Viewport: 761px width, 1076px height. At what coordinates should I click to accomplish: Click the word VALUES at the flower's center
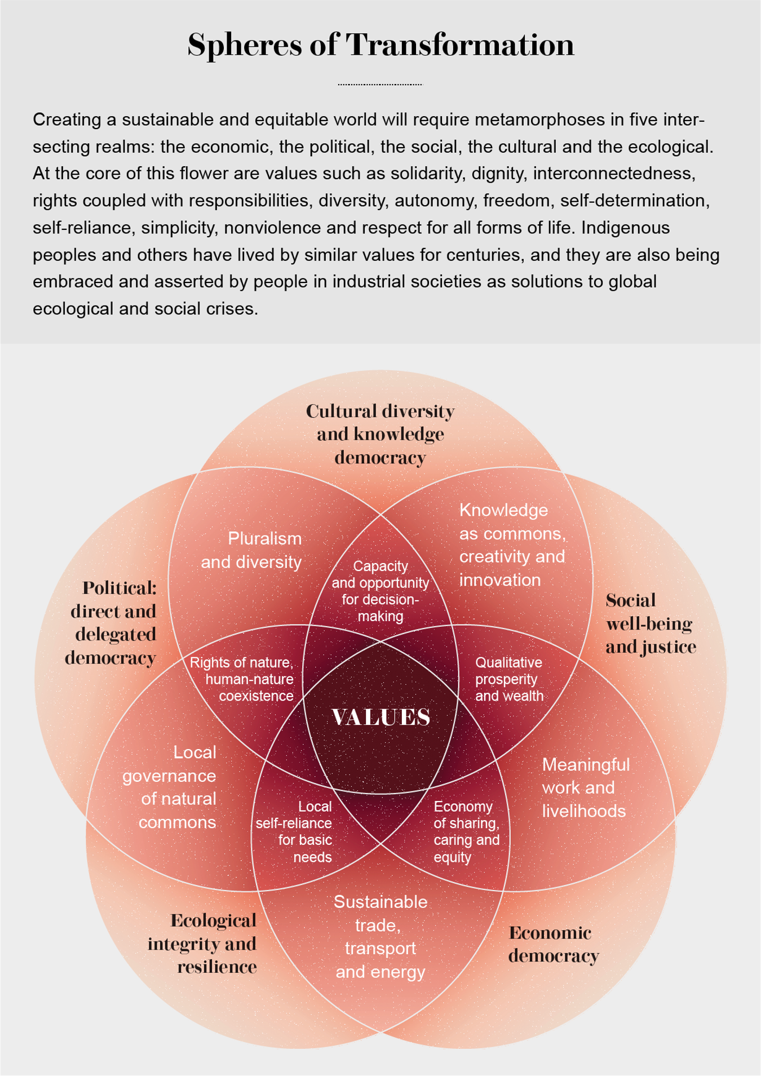381,717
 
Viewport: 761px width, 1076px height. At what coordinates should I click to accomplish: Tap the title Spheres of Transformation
381,45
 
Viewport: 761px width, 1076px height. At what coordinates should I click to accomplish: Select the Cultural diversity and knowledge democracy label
380,434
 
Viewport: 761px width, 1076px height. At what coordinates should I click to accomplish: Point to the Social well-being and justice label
651,623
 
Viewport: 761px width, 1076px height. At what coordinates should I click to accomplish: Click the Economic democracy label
554,944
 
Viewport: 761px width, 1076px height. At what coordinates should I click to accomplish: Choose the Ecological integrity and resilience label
202,944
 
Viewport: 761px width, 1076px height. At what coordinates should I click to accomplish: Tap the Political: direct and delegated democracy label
111,623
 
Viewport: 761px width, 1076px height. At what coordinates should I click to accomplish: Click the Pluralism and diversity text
251,550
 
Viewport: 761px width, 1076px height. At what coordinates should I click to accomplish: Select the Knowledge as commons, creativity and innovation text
512,545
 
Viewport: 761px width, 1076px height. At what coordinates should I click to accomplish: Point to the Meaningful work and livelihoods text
586,787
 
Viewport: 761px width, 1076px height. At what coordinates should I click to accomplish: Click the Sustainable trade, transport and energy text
380,937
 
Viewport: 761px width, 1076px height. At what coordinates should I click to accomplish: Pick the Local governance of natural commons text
170,787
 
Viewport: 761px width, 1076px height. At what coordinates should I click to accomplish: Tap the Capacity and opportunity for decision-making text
380,591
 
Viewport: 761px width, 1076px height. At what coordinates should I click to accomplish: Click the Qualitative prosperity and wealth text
510,679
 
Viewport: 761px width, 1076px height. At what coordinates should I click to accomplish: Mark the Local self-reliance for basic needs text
294,832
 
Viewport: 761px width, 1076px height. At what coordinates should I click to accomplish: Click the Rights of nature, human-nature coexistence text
242,679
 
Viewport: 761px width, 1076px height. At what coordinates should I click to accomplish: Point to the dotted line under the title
380,85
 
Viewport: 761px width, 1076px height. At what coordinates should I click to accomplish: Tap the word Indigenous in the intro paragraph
625,228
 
